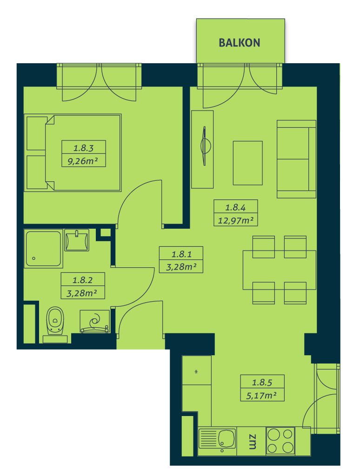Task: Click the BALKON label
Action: [240, 43]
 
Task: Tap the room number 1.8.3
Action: [84, 148]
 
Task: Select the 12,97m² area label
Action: [235, 220]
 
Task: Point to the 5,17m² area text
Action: [261, 396]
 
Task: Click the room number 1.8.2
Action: [83, 280]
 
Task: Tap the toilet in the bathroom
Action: [55, 324]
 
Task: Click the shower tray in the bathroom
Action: [43, 249]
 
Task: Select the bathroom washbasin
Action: [77, 240]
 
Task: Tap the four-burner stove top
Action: [280, 441]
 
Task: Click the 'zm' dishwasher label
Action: [252, 442]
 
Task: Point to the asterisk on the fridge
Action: [196, 371]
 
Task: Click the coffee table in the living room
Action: [247, 163]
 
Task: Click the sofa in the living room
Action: [296, 159]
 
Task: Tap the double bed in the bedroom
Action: [73, 153]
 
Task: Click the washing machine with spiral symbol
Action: [94, 322]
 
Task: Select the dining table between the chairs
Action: [279, 270]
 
